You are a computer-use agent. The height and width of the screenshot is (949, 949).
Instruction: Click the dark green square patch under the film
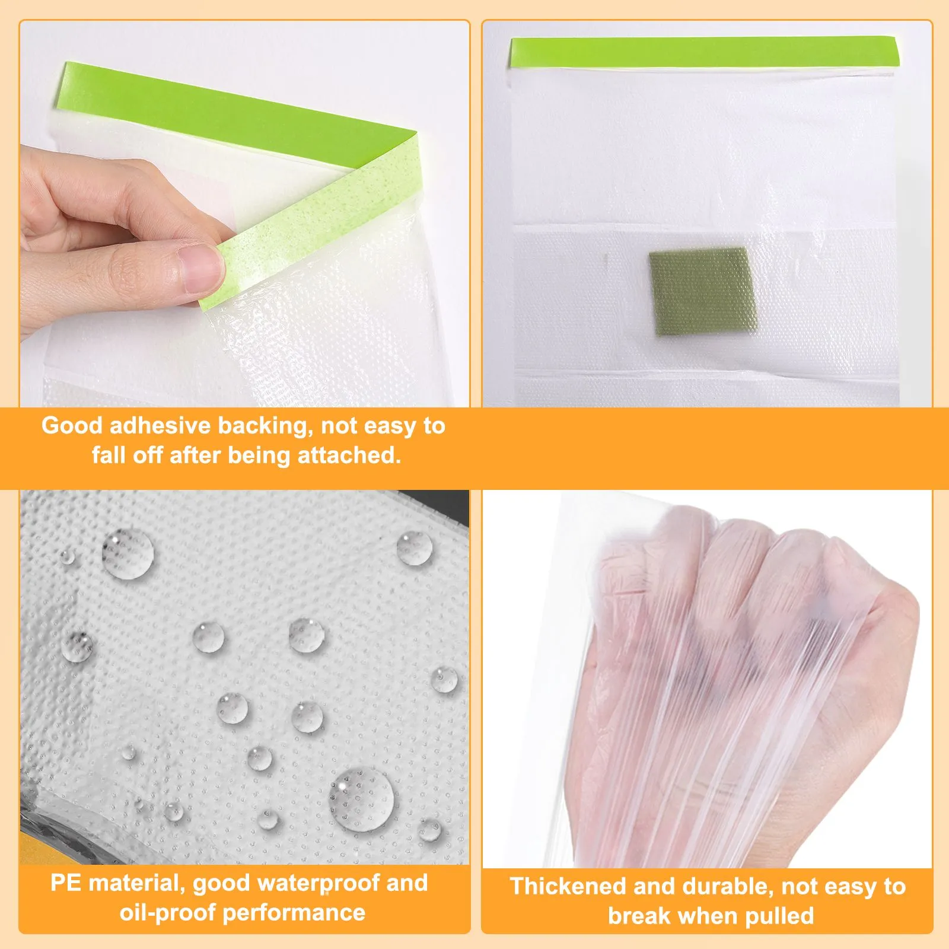(x=702, y=291)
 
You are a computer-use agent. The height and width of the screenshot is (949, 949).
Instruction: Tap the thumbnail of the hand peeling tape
(x=244, y=214)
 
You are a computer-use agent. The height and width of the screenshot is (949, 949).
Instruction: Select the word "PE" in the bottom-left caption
(x=66, y=883)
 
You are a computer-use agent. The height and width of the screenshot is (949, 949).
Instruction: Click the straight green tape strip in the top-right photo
(x=704, y=52)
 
